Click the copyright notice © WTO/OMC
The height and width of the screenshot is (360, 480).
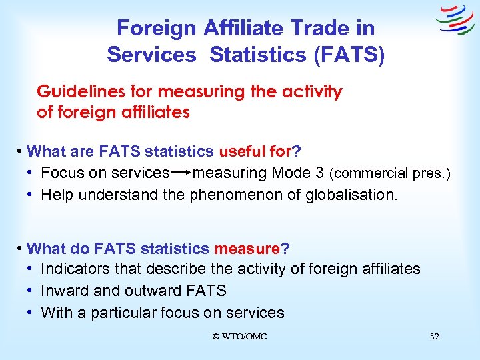tap(239, 337)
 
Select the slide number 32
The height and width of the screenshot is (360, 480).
tap(435, 337)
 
